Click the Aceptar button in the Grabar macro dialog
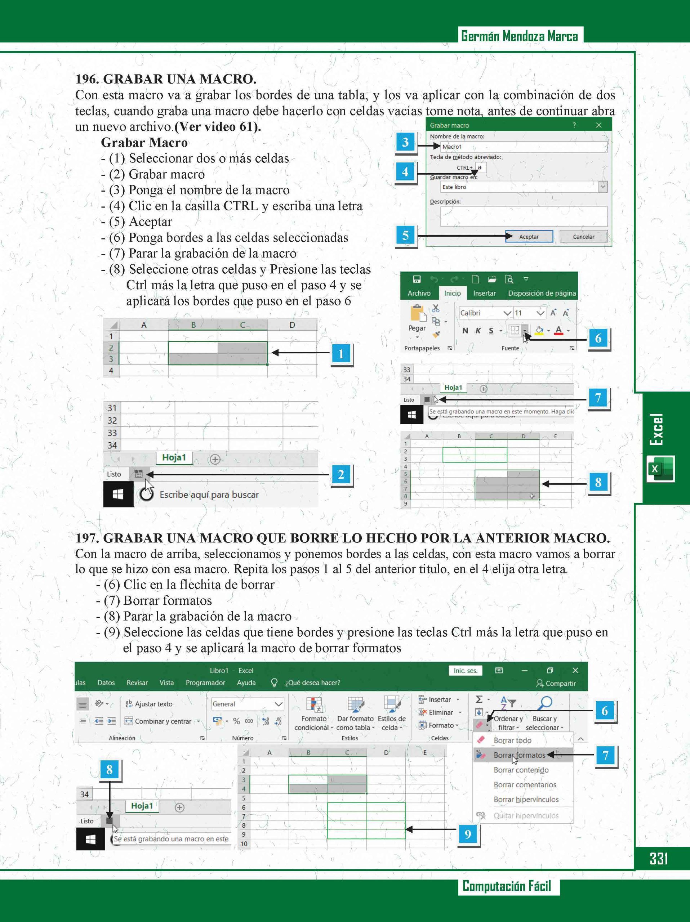pyautogui.click(x=529, y=236)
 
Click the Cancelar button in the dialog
pyautogui.click(x=583, y=236)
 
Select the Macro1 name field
pyautogui.click(x=523, y=146)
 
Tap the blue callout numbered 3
pyautogui.click(x=405, y=142)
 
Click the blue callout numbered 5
pyautogui.click(x=405, y=236)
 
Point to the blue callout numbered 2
pyautogui.click(x=341, y=474)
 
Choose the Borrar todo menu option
pyautogui.click(x=512, y=740)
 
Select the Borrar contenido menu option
pyautogui.click(x=521, y=770)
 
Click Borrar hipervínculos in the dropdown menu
pyautogui.click(x=526, y=800)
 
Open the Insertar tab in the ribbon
pyautogui.click(x=484, y=293)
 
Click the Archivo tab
pyautogui.click(x=419, y=293)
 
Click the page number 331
pyautogui.click(x=659, y=858)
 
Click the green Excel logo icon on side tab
pyautogui.click(x=660, y=469)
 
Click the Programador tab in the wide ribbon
pyautogui.click(x=205, y=682)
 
